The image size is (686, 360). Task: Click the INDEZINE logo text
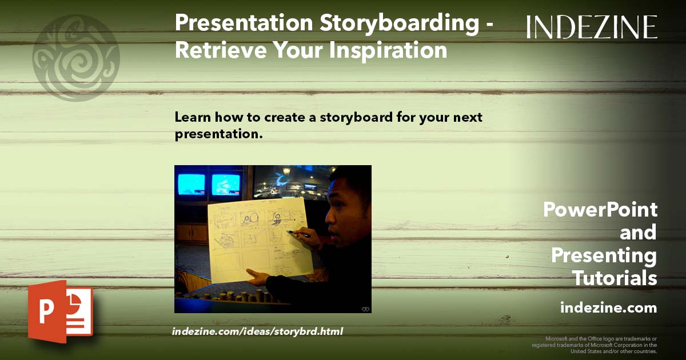point(592,27)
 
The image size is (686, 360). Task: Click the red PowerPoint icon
point(60,311)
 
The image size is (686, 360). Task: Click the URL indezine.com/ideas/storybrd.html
point(257,331)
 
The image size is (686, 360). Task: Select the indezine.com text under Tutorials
point(608,308)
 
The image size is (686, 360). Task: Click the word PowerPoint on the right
point(600,210)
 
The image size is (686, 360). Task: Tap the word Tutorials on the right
point(615,278)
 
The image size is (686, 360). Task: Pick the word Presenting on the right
point(604,255)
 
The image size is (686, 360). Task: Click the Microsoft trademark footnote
point(595,345)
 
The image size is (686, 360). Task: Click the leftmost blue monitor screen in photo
point(191,184)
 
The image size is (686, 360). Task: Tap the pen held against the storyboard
point(298,234)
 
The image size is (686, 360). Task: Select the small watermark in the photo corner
point(365,309)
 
